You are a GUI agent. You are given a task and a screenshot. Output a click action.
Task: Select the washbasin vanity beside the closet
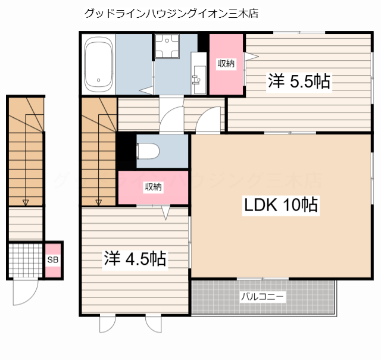(199, 74)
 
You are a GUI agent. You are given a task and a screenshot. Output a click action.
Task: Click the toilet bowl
(146, 151)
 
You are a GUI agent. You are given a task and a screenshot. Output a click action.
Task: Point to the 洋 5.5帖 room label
(298, 82)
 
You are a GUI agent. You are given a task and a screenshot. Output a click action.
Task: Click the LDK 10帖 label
(280, 205)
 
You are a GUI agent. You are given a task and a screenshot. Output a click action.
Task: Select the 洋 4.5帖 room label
(135, 259)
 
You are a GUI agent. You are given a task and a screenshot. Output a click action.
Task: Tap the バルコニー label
(263, 296)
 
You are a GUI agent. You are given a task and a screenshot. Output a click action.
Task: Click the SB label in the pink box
(53, 260)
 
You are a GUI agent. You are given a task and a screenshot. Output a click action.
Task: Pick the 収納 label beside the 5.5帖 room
(226, 64)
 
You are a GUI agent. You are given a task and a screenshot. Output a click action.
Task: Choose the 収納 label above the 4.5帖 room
(153, 187)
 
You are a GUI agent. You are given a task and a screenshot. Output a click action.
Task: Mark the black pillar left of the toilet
(126, 151)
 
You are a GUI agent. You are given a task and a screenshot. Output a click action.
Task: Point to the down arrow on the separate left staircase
(26, 202)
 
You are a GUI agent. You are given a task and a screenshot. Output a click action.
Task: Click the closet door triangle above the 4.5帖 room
(166, 212)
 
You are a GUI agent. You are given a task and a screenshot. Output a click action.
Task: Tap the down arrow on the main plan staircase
(99, 202)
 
